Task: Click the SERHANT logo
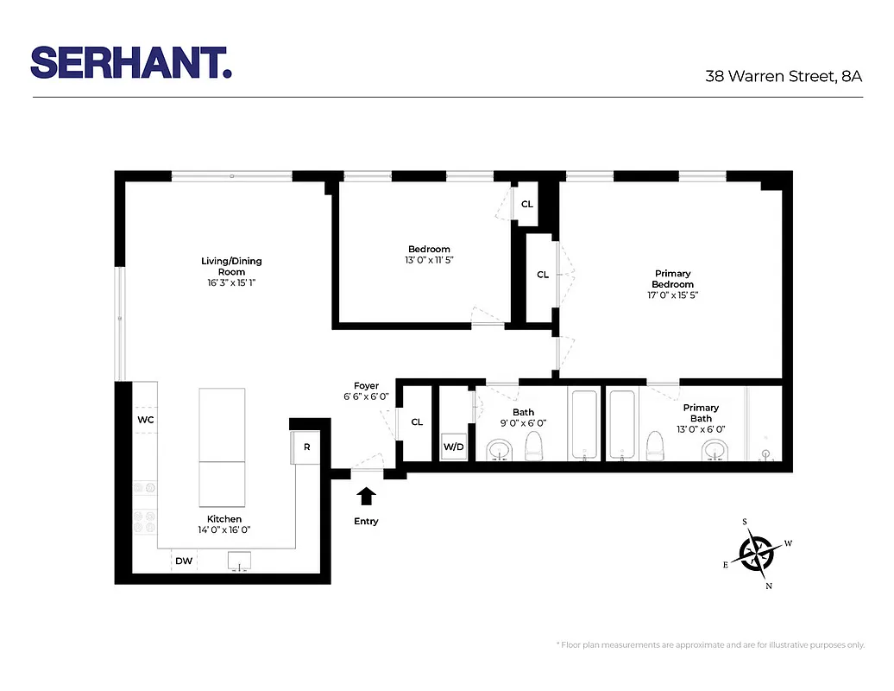pyautogui.click(x=131, y=63)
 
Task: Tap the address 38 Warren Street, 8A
pyautogui.click(x=784, y=76)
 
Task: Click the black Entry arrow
pyautogui.click(x=367, y=496)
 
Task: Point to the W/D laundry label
pyautogui.click(x=453, y=447)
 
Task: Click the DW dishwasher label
pyautogui.click(x=184, y=561)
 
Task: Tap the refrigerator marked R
pyautogui.click(x=306, y=447)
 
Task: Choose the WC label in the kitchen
pyautogui.click(x=146, y=420)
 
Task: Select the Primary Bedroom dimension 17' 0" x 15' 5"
pyautogui.click(x=672, y=295)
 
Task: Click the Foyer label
pyautogui.click(x=367, y=386)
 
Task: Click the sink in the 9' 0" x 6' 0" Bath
pyautogui.click(x=500, y=450)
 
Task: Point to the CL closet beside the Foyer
pyautogui.click(x=417, y=422)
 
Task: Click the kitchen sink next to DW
pyautogui.click(x=240, y=561)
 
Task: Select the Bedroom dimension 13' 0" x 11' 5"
pyautogui.click(x=430, y=260)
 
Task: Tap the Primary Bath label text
pyautogui.click(x=701, y=413)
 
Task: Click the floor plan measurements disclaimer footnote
pyautogui.click(x=710, y=645)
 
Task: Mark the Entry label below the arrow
pyautogui.click(x=367, y=522)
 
